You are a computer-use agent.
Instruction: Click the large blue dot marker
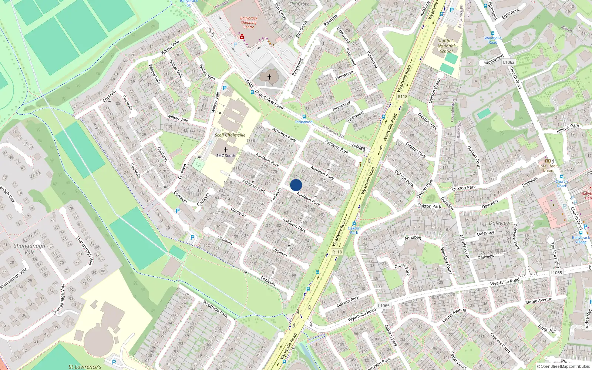(296, 185)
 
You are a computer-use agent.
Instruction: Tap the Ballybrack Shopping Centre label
(249, 23)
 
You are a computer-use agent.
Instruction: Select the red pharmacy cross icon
(242, 37)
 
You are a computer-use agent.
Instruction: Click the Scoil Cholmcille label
(230, 135)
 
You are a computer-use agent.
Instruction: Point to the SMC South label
(225, 156)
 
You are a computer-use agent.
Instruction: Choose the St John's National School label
(446, 46)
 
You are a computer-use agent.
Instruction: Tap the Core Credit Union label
(548, 168)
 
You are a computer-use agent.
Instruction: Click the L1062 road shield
(509, 62)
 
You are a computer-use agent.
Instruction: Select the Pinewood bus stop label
(304, 122)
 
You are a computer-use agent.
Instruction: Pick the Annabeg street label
(413, 238)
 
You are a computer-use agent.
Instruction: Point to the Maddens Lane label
(465, 248)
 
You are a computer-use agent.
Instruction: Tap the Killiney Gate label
(568, 128)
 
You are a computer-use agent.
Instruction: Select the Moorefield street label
(494, 60)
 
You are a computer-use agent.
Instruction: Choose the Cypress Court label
(500, 343)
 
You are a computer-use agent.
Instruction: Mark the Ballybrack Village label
(581, 240)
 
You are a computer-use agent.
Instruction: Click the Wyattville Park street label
(215, 309)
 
